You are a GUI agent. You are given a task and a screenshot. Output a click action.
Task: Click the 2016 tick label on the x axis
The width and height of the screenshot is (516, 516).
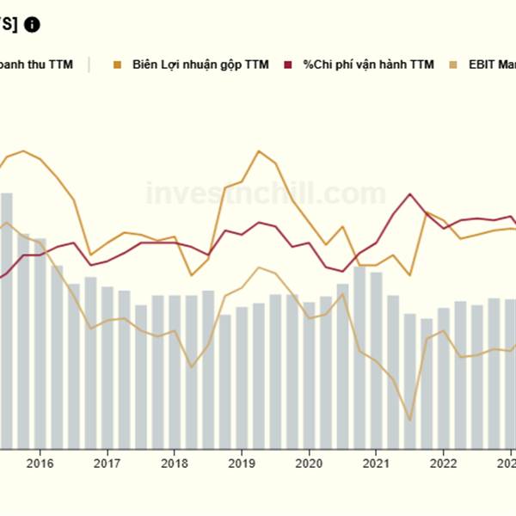[x=40, y=464]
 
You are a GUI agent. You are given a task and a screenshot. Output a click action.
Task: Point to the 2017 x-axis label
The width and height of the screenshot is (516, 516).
[x=107, y=464]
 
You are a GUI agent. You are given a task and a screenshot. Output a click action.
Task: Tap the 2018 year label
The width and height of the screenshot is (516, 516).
[x=174, y=464]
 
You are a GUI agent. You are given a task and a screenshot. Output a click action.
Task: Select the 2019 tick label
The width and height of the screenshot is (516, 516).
[x=242, y=464]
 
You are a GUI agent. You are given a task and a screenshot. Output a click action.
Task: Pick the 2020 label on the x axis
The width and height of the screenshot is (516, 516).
[x=309, y=464]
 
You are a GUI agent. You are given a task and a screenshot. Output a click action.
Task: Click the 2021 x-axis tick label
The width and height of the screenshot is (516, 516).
[x=376, y=464]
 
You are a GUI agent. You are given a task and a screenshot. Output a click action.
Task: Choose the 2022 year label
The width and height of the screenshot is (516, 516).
[x=443, y=464]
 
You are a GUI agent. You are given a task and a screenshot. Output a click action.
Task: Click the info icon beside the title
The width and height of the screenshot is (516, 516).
[x=32, y=24]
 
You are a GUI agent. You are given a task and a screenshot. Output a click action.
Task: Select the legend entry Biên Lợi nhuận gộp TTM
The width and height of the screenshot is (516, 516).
[x=200, y=64]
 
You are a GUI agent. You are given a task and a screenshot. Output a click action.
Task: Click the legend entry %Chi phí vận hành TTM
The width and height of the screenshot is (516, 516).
[x=368, y=64]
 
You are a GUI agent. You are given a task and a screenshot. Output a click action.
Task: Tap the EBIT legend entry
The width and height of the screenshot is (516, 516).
[x=490, y=64]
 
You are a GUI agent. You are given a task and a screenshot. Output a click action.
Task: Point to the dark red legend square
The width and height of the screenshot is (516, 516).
[x=289, y=64]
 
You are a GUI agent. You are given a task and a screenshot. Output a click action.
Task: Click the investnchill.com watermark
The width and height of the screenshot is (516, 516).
[x=266, y=193]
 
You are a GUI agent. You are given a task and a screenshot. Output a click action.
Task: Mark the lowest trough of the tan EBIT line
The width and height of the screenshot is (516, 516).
[x=409, y=420]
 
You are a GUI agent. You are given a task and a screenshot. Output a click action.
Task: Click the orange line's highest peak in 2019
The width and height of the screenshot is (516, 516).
[x=259, y=151]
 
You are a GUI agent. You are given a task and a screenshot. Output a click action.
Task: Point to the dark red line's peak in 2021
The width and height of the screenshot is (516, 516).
[x=410, y=194]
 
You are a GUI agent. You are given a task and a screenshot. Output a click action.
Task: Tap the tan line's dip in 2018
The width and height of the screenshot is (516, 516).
[x=191, y=367]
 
